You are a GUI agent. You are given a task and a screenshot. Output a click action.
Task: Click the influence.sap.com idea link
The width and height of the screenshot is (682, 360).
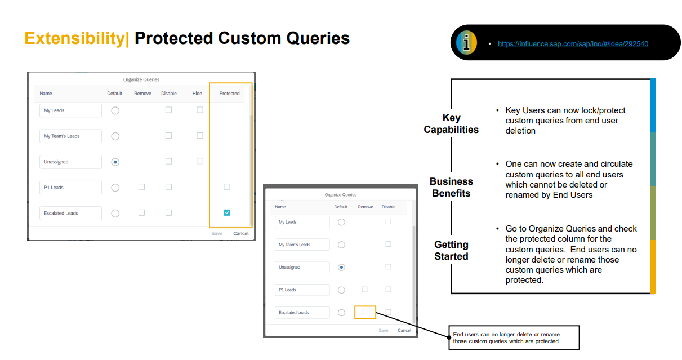coord(573,44)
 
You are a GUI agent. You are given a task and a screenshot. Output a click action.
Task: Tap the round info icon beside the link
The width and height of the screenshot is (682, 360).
coord(466,43)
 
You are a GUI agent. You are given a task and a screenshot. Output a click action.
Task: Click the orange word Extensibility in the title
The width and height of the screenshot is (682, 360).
coord(75,38)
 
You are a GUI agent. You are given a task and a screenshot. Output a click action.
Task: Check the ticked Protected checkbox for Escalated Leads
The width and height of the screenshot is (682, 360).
coord(227,212)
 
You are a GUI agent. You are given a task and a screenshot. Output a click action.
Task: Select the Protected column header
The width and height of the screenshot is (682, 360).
coord(229,94)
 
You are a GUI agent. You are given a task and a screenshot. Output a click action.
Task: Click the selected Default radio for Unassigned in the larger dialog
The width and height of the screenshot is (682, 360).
coord(115,162)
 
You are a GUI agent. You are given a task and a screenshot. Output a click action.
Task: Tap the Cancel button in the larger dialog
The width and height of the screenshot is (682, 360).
coord(241,234)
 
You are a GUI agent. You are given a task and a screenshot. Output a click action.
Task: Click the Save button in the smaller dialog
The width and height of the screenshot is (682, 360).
coord(384,331)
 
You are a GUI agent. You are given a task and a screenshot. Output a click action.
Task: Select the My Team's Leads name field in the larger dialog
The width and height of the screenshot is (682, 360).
coord(70,136)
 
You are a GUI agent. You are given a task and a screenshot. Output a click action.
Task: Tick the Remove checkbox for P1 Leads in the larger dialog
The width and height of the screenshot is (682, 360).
coord(141,187)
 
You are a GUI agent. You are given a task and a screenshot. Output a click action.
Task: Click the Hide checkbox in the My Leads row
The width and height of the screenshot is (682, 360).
coord(200,110)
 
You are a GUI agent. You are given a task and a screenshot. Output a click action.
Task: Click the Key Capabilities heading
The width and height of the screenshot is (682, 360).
coord(451,123)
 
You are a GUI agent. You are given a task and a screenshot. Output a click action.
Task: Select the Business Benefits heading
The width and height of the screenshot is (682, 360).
coord(451,187)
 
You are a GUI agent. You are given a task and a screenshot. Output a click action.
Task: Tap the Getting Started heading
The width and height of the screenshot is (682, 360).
coord(451,250)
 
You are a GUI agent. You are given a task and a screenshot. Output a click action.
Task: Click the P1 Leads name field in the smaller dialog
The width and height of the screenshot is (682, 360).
coord(302,290)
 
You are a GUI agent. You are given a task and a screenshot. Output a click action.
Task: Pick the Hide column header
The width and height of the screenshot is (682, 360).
coord(197,94)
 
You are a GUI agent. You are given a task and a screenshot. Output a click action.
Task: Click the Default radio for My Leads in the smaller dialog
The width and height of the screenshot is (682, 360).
coord(342,223)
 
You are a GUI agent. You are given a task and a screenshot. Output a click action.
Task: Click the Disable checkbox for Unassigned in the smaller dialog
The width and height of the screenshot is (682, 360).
coord(388,267)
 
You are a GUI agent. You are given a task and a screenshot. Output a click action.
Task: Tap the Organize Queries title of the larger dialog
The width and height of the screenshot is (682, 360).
coord(141,79)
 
